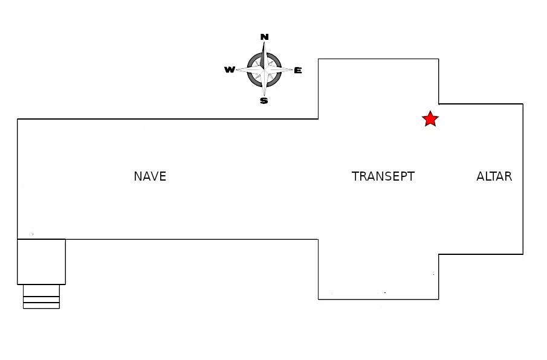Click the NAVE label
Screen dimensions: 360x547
[x=150, y=176]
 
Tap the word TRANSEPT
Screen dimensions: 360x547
[x=383, y=176]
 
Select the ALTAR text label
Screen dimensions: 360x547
[x=494, y=176]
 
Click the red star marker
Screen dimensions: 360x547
[x=430, y=119]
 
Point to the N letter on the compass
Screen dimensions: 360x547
[x=264, y=37]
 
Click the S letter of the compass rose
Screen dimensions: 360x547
[x=264, y=101]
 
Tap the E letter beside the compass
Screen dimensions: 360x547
[x=298, y=70]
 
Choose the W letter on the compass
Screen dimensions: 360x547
[x=230, y=70]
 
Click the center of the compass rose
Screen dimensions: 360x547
[x=264, y=69]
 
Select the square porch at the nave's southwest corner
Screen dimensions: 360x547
[x=41, y=262]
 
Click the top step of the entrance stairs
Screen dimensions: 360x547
[x=41, y=291]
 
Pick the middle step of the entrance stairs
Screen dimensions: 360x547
[x=41, y=300]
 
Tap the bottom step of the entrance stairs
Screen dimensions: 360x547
[x=41, y=306]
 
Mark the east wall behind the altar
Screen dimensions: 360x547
[x=523, y=179]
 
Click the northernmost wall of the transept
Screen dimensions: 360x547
[x=378, y=59]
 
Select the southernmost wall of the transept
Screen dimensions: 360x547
[x=378, y=299]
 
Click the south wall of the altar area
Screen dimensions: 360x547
[x=481, y=254]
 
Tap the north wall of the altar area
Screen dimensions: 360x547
[x=481, y=104]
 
